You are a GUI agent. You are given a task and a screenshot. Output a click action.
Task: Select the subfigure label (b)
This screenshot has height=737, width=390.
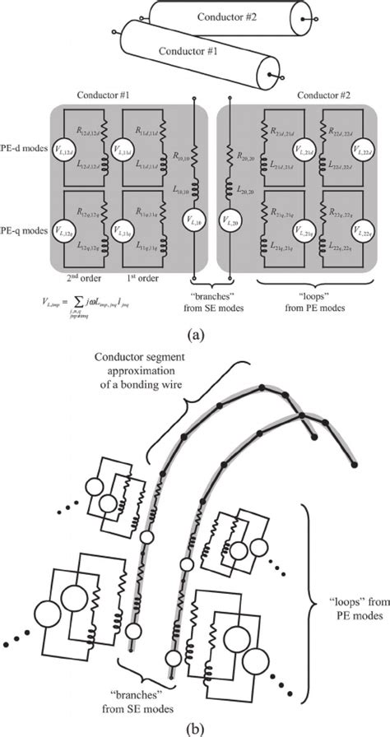click(x=195, y=727)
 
